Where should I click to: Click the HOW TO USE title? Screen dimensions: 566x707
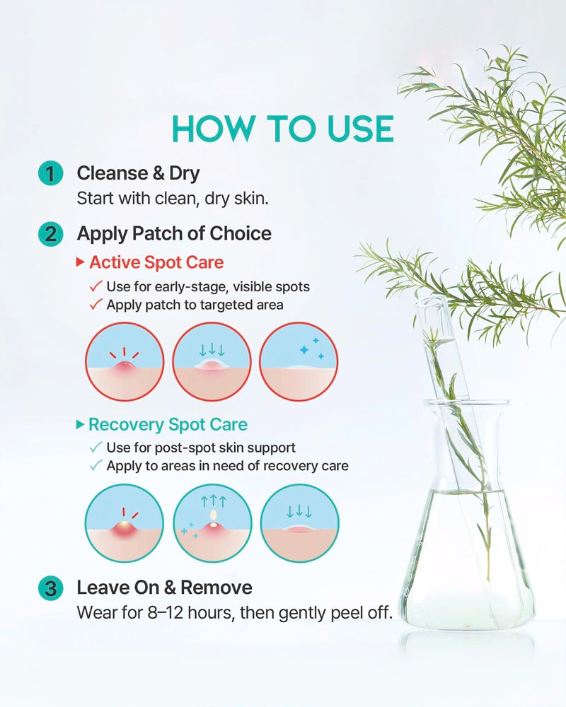[283, 129]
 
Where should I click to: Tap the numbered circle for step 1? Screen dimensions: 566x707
[50, 174]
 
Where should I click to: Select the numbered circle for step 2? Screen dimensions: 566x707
[50, 235]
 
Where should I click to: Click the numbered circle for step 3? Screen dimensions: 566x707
[50, 588]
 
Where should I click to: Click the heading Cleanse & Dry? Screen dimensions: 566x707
[138, 174]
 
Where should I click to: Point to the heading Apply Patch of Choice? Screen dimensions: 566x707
[174, 234]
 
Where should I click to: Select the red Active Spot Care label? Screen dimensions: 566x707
[156, 262]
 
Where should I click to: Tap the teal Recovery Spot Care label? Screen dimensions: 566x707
[168, 425]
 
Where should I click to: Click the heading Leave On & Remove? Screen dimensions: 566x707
[165, 588]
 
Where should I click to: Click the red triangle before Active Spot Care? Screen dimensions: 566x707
[81, 262]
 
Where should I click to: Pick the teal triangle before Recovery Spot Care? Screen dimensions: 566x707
[81, 424]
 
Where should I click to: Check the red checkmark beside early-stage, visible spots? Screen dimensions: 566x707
[96, 286]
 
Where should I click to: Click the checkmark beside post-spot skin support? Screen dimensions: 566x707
[96, 448]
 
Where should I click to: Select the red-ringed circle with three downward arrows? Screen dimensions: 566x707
[212, 361]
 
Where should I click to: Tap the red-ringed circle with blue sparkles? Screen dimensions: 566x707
[299, 361]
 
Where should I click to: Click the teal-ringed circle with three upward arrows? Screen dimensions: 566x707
[212, 523]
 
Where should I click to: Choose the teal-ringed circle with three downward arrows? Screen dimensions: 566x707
[300, 523]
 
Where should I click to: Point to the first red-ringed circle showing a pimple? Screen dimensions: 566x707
[125, 361]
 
